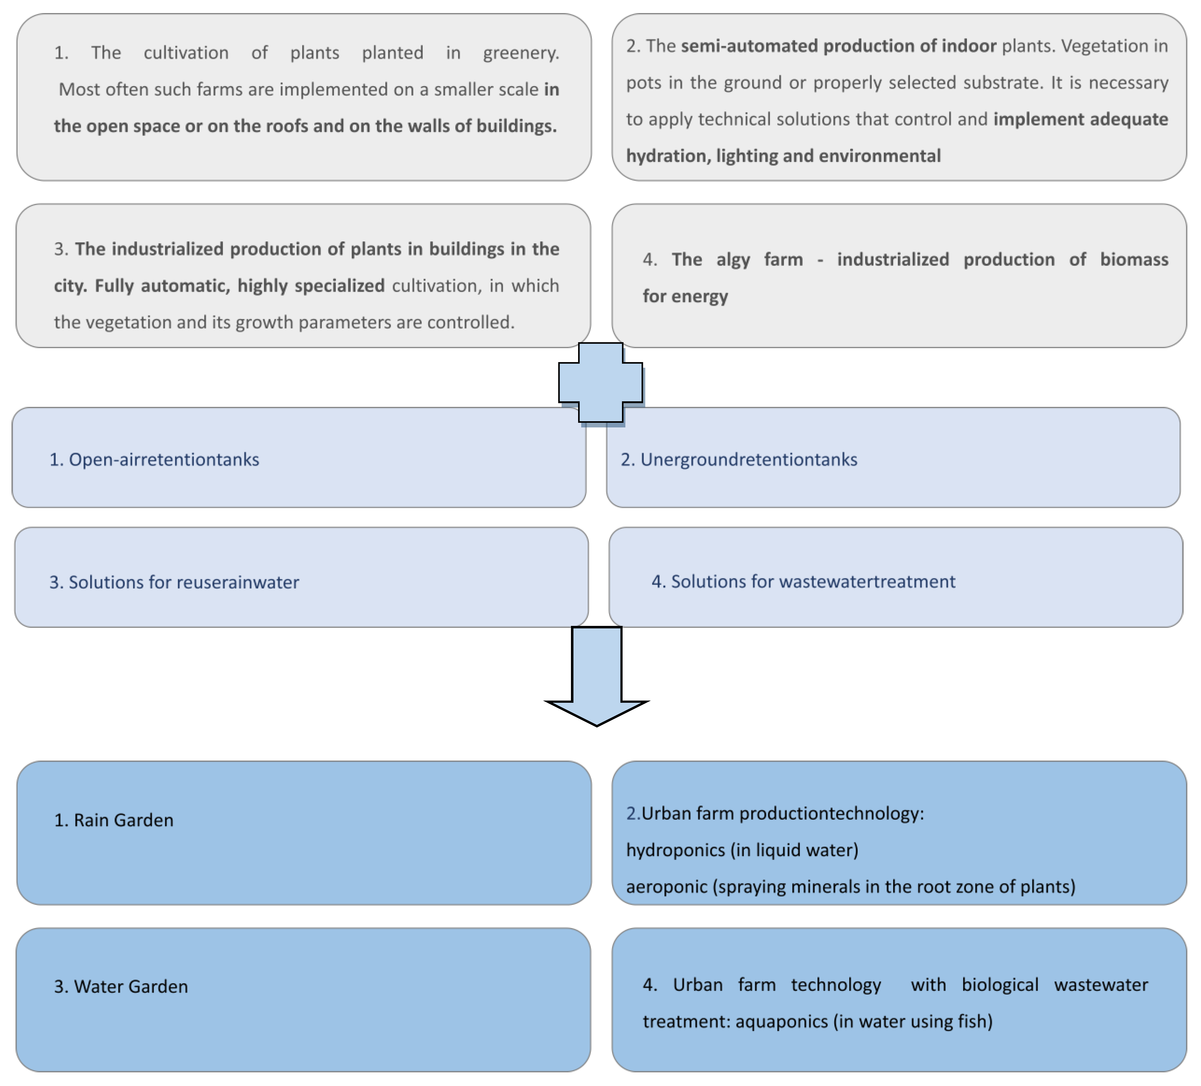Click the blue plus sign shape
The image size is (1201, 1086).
pyautogui.click(x=600, y=383)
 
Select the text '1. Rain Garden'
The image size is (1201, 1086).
pyautogui.click(x=114, y=820)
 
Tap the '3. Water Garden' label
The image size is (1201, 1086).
pyautogui.click(x=121, y=986)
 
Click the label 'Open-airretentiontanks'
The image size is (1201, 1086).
pyautogui.click(x=164, y=459)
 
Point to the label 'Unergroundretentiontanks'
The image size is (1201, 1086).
pyautogui.click(x=749, y=459)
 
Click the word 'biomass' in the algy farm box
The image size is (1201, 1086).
pyautogui.click(x=1134, y=260)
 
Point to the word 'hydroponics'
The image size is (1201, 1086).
pyautogui.click(x=675, y=850)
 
